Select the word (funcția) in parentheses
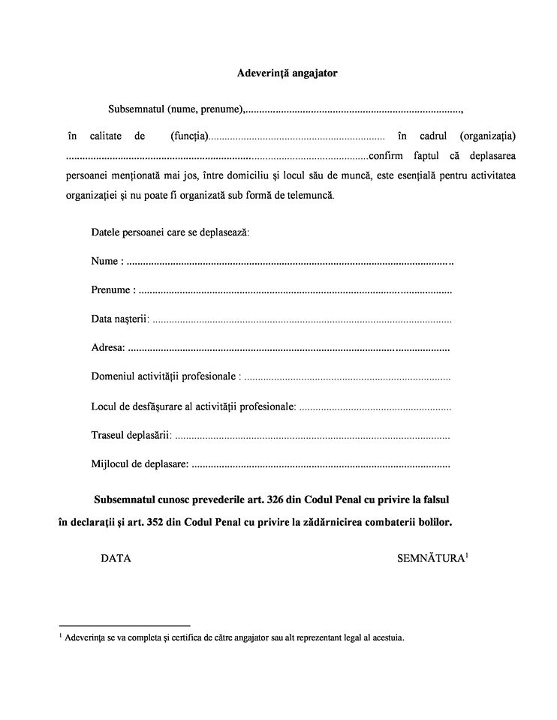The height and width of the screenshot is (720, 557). (188, 136)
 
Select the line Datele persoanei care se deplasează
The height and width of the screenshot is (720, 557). (170, 232)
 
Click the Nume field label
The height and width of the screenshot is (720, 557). (105, 262)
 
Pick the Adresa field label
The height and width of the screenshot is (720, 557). (108, 348)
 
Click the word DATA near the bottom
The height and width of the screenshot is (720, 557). (116, 559)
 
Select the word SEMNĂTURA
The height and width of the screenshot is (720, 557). (430, 559)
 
